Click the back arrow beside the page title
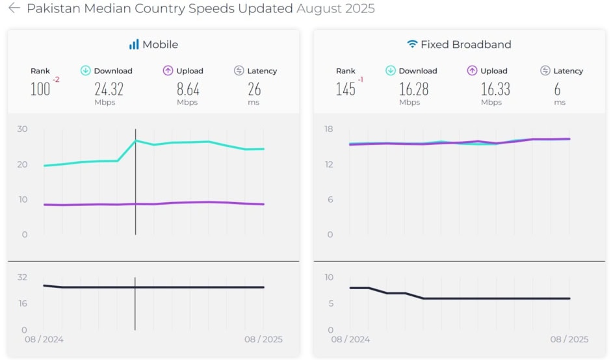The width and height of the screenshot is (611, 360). coord(14,9)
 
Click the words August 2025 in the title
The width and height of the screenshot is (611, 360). coord(335,9)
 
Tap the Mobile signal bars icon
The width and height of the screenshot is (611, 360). coord(134,44)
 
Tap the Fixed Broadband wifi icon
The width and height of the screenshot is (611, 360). coord(412,44)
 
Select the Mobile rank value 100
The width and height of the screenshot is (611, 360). coord(40,89)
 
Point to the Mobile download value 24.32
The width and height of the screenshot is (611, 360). coord(109,89)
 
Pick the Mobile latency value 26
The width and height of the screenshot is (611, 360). coord(254,89)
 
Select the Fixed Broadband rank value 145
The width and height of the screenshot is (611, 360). coord(346,89)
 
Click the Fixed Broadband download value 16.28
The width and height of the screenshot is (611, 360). coord(414,89)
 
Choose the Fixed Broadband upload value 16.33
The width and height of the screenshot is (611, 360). coord(495,89)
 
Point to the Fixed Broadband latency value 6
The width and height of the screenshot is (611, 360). coord(558,89)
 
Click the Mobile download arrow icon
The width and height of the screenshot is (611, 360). coord(85,71)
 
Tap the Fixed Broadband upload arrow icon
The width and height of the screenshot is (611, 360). coord(472,71)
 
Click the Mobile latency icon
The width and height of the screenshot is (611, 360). coord(239,71)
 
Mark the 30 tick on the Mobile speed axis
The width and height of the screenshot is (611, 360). coord(22,129)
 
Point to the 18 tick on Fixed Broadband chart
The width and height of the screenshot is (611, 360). coord(328,129)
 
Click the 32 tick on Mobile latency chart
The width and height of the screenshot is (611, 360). coord(22,277)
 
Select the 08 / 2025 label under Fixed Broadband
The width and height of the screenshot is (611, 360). coord(569,339)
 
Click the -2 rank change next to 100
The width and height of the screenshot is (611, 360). coord(57,80)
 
